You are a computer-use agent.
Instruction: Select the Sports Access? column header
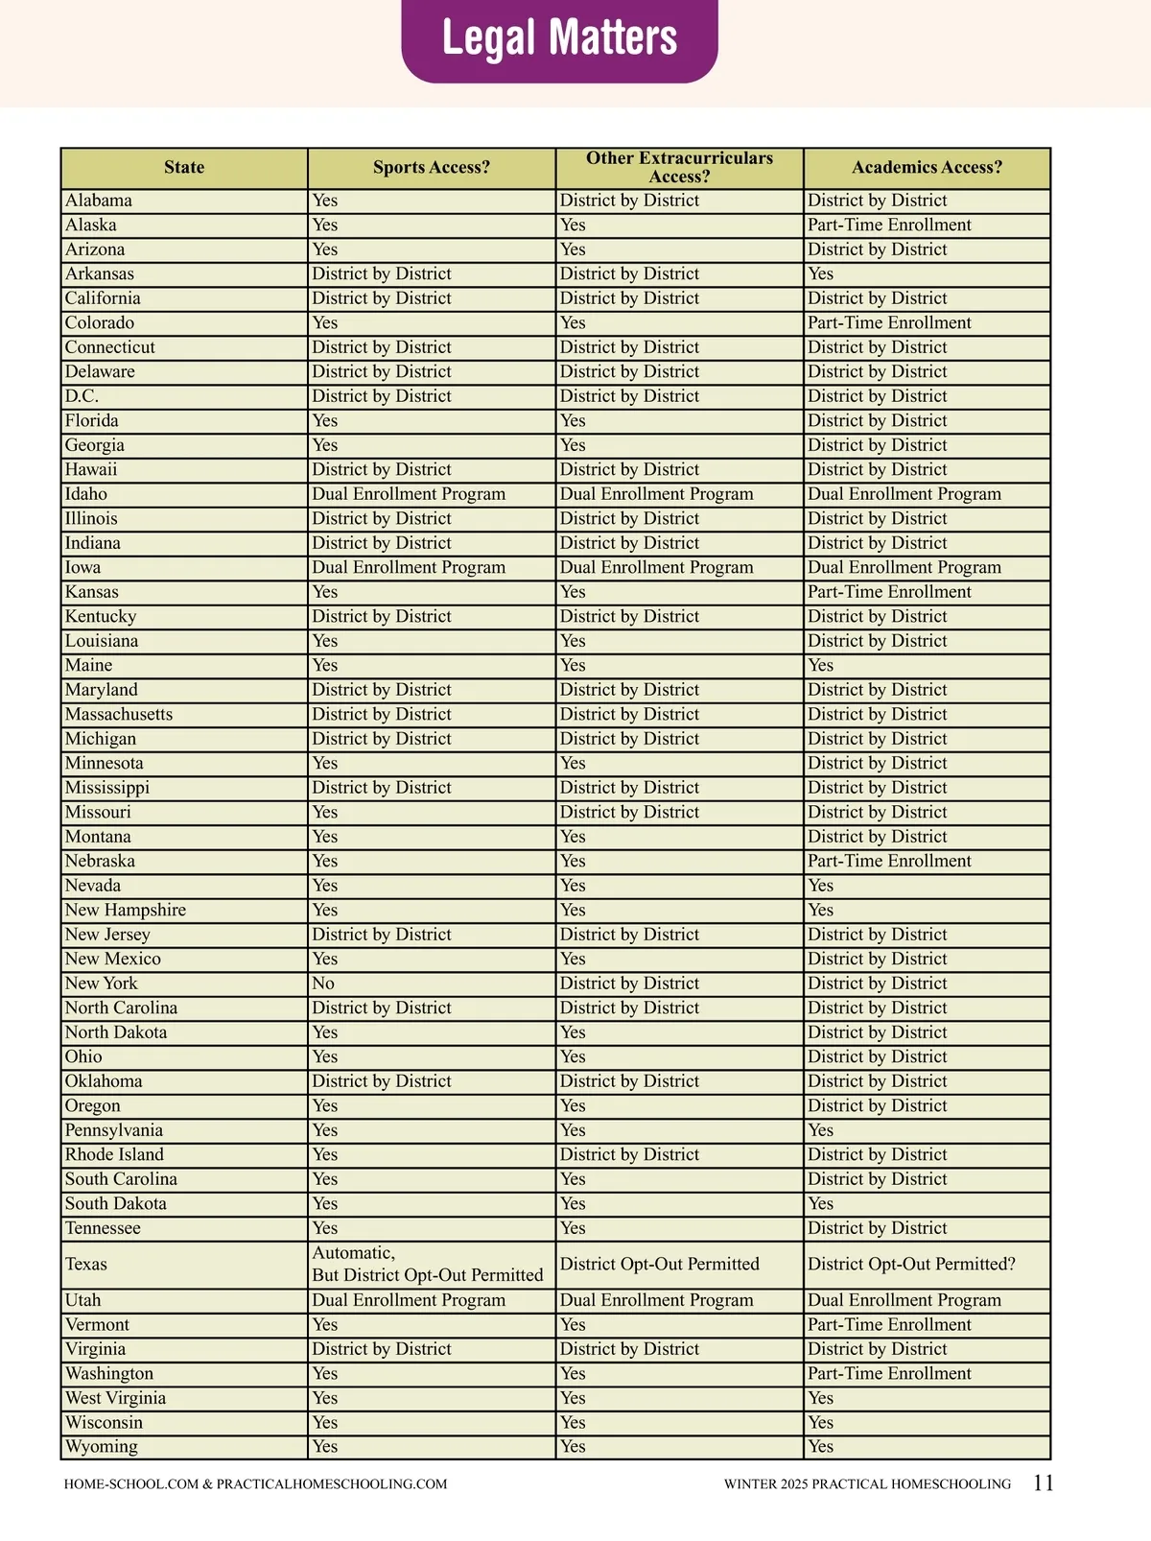pos(431,168)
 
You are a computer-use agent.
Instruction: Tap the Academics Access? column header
pos(927,168)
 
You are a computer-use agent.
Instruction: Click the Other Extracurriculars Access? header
pos(679,168)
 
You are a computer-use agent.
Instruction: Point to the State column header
pos(184,168)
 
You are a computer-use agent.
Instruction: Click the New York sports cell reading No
pos(324,984)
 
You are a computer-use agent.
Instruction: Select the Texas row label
pos(86,1264)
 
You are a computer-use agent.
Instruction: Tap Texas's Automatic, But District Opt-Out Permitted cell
pos(428,1264)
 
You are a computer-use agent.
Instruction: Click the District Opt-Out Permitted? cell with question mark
pos(911,1264)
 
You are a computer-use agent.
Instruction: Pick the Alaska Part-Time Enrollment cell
pos(889,225)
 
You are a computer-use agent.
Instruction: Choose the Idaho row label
pos(86,494)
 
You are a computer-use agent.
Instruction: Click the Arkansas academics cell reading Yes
pos(821,274)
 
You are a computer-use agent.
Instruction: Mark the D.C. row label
pos(82,396)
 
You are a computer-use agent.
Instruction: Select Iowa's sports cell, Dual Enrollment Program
pos(409,568)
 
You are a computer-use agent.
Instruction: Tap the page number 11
pos(1044,1483)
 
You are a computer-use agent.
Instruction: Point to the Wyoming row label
pos(102,1447)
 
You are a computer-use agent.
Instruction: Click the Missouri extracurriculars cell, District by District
pos(629,813)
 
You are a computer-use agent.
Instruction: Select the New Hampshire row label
pos(126,911)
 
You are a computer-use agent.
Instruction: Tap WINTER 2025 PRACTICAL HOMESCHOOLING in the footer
pos(867,1484)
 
